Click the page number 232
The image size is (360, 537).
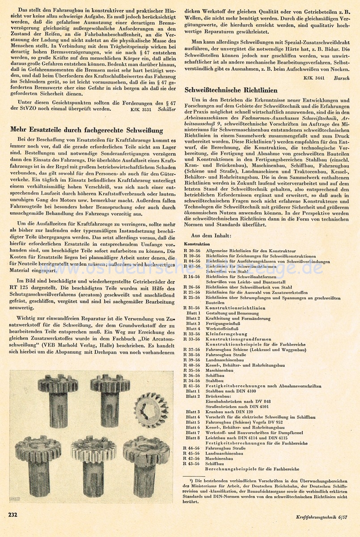click(12, 515)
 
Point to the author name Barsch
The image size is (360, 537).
click(343, 77)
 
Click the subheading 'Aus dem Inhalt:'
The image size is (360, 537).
click(211, 235)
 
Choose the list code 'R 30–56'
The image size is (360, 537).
click(192, 251)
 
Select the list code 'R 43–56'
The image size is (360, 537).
click(192, 464)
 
